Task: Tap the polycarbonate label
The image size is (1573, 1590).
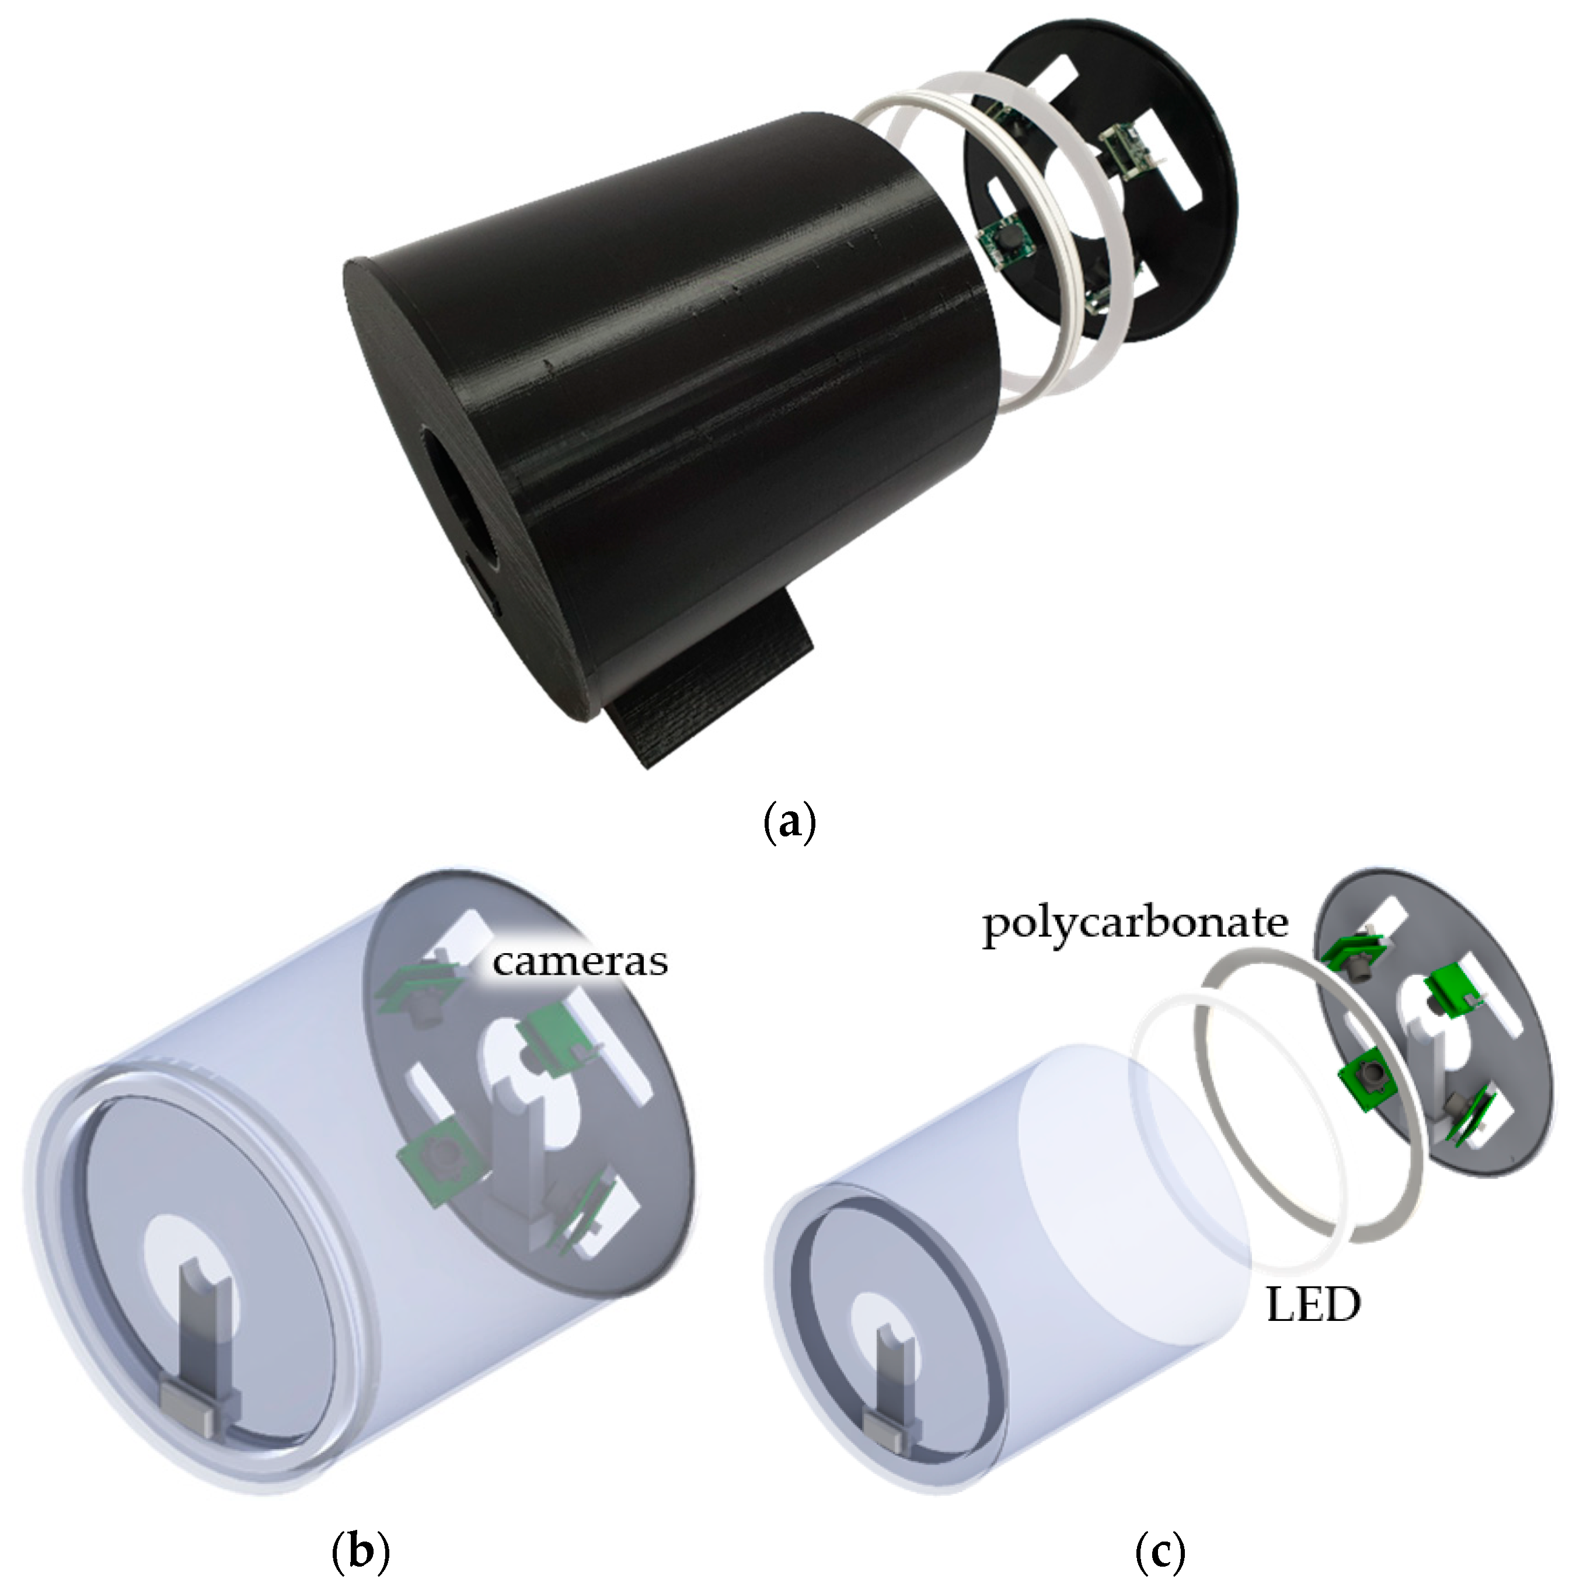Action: (x=1135, y=923)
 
